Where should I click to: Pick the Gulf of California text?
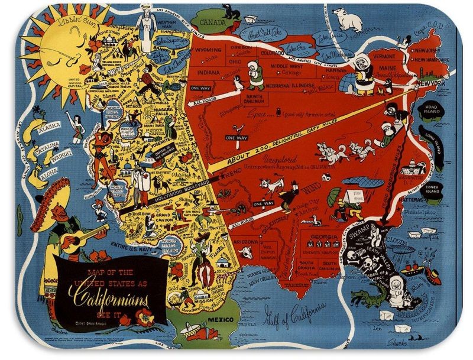pos(294,310)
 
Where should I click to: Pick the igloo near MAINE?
pos(361,83)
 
